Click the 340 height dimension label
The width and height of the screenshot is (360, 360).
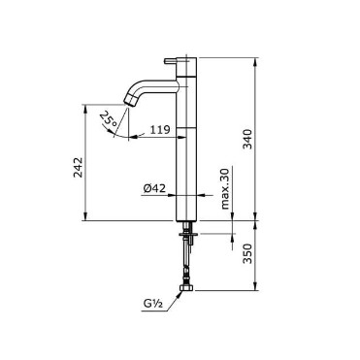click(247, 139)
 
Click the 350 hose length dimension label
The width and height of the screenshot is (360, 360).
click(247, 253)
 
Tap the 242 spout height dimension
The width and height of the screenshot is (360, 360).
click(78, 167)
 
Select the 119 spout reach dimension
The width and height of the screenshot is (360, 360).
click(160, 130)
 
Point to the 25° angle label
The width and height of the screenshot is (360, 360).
click(109, 118)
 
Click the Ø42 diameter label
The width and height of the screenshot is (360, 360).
click(154, 188)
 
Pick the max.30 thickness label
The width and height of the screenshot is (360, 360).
click(225, 188)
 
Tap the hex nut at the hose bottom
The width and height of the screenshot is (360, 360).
click(186, 287)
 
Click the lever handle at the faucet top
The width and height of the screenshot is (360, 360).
click(170, 60)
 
